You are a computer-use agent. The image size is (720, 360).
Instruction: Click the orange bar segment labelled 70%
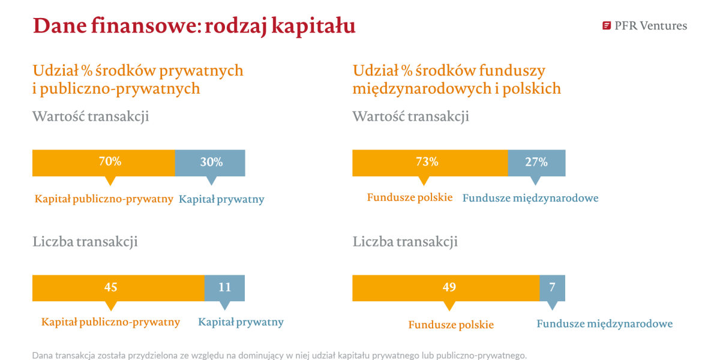(103, 163)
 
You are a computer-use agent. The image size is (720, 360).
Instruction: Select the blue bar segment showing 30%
(210, 163)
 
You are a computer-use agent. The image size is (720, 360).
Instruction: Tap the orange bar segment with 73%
(430, 163)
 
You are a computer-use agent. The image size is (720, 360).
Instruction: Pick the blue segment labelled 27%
(537, 163)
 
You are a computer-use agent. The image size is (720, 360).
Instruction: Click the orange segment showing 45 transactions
(118, 288)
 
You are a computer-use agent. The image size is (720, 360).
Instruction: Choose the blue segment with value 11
(224, 288)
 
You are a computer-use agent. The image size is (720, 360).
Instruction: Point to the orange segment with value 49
(446, 288)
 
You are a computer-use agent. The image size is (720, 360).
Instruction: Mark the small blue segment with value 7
(552, 288)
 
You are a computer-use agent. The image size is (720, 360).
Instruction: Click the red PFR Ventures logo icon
(606, 26)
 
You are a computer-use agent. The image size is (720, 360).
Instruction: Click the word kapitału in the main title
(313, 26)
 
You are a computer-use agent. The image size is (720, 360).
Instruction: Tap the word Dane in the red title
(60, 26)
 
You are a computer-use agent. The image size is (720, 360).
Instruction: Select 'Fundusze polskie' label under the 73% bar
(410, 197)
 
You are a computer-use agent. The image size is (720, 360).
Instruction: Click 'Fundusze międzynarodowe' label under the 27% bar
(530, 198)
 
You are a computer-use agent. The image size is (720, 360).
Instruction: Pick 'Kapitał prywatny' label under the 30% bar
(221, 199)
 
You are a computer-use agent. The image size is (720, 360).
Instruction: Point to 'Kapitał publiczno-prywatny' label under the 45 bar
(110, 322)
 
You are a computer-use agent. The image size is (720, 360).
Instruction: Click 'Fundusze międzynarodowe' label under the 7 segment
(605, 323)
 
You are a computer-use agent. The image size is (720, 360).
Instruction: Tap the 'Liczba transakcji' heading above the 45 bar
(85, 241)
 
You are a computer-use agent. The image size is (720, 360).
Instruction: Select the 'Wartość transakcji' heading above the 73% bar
(411, 116)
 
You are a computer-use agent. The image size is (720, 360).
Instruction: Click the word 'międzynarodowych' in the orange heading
(422, 89)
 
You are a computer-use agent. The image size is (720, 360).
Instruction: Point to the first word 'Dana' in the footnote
(42, 355)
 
